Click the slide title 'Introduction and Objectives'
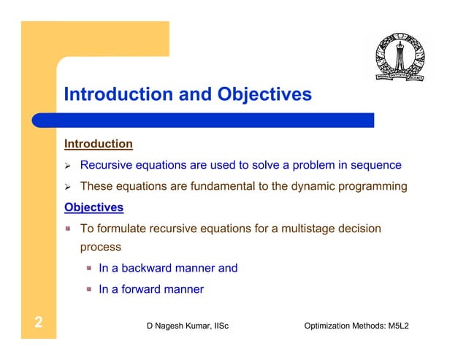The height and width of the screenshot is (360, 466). (x=188, y=95)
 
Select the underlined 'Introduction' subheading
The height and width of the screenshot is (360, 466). (x=99, y=145)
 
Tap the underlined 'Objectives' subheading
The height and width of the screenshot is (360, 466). (x=93, y=207)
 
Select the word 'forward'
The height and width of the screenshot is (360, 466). (x=142, y=289)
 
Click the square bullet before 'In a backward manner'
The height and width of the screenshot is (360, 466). (x=88, y=268)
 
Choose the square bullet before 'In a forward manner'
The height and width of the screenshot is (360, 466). (x=88, y=289)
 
